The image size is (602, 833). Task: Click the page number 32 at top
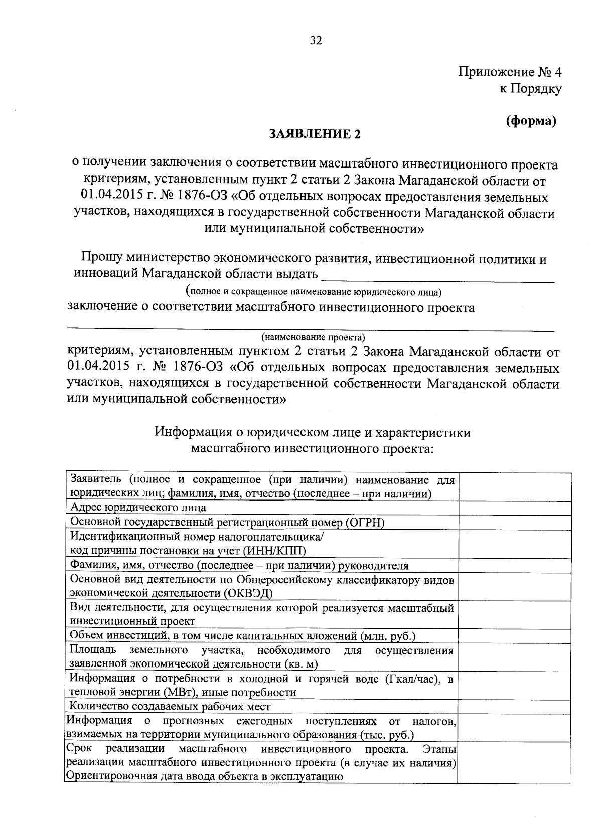[x=315, y=41]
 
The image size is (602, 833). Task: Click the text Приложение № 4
[x=510, y=72]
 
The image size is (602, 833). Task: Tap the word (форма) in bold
[x=531, y=121]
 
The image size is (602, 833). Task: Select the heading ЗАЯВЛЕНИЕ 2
[x=315, y=134]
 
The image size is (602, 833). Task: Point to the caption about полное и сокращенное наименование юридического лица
[x=314, y=291]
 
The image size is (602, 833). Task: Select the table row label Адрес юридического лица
[x=138, y=507]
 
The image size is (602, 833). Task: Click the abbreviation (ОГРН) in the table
[x=365, y=522]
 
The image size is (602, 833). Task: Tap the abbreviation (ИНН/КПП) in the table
[x=274, y=551]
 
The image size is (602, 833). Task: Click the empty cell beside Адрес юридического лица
[x=514, y=507]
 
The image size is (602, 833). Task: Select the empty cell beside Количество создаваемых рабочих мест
[x=514, y=707]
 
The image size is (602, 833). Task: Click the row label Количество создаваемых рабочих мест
[x=170, y=707]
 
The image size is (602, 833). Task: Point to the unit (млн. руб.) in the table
[x=388, y=636]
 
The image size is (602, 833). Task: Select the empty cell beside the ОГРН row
[x=514, y=522]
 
